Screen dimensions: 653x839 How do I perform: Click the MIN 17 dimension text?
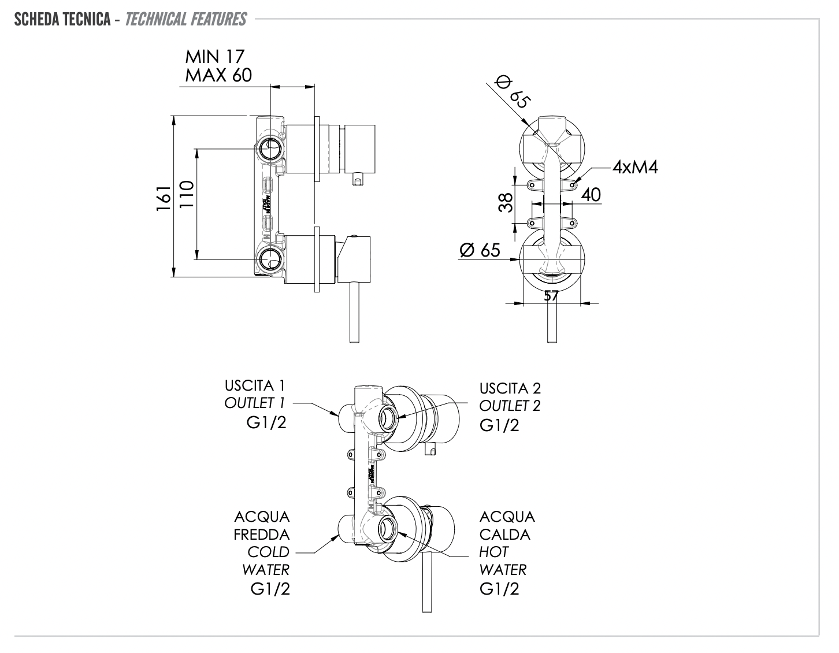(x=214, y=57)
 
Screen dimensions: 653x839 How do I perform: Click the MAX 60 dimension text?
(x=218, y=75)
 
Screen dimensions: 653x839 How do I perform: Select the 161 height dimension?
(x=164, y=196)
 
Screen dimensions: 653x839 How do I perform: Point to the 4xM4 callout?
(x=635, y=167)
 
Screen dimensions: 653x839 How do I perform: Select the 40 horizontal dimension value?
(x=591, y=195)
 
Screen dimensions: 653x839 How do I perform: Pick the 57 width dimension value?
(x=551, y=295)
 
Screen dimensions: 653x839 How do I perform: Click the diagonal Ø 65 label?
(x=512, y=91)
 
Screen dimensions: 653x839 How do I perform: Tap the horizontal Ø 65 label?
(x=480, y=250)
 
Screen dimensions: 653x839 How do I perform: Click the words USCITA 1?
(x=255, y=385)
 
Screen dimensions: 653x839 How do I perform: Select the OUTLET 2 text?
(x=510, y=406)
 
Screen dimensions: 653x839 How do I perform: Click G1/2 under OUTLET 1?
(x=266, y=423)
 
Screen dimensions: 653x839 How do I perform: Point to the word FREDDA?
(x=262, y=535)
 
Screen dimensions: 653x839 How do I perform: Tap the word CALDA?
(x=504, y=535)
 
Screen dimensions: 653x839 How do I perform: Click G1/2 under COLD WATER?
(x=270, y=589)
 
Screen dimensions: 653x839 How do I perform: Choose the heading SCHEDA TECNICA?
(x=62, y=20)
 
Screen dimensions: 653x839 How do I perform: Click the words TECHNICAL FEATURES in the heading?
(x=185, y=20)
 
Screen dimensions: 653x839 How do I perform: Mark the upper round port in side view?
(x=269, y=149)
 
